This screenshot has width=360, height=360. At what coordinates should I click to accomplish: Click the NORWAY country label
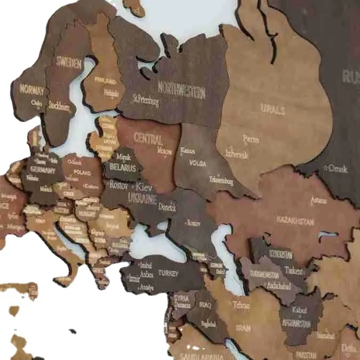click(31, 89)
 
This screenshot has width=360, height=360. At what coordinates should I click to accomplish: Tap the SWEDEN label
click(69, 63)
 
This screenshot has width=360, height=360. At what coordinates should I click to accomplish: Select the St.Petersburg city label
click(146, 100)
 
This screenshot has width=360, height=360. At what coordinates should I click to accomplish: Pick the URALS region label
click(273, 110)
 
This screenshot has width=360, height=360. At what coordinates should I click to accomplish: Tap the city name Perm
click(251, 139)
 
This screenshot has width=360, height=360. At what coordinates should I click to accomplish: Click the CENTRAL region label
click(148, 139)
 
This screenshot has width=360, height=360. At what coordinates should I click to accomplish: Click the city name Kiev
click(144, 187)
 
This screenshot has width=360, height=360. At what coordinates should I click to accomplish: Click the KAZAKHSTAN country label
click(295, 220)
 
